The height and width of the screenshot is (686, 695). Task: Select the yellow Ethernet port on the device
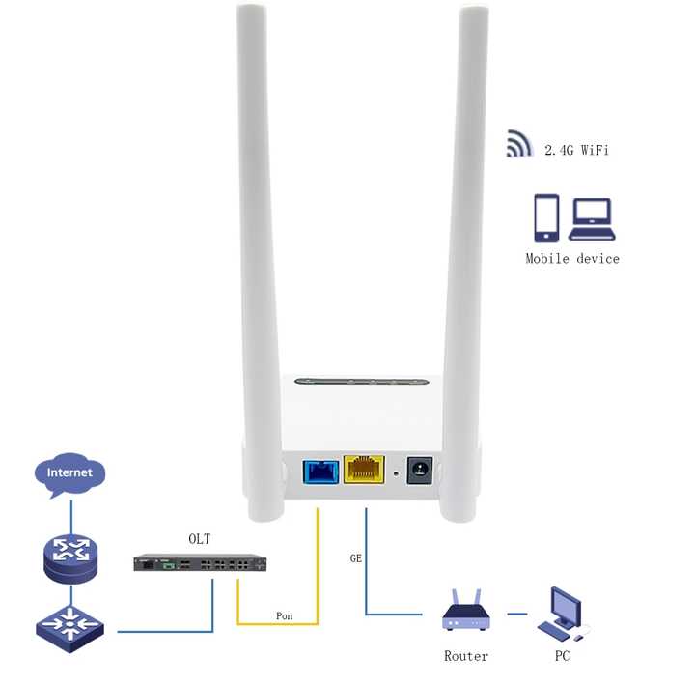point(362,471)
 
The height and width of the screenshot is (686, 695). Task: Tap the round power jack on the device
point(420,471)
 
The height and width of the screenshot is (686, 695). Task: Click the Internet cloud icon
point(70,473)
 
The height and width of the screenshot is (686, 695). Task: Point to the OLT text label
point(199,538)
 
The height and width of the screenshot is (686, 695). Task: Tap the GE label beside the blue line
point(355,558)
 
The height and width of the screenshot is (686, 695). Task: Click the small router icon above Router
point(465,612)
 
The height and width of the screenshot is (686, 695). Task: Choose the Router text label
point(465,656)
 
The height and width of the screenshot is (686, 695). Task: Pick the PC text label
point(563,656)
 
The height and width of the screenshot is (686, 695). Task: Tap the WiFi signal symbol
point(519,145)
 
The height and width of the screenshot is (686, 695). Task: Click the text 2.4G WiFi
point(575,150)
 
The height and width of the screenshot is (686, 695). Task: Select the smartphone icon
point(546,217)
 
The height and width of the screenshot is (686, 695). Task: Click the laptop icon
point(591,219)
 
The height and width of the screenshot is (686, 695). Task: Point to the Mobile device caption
point(572,258)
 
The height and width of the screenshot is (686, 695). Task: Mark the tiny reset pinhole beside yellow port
point(397,474)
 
